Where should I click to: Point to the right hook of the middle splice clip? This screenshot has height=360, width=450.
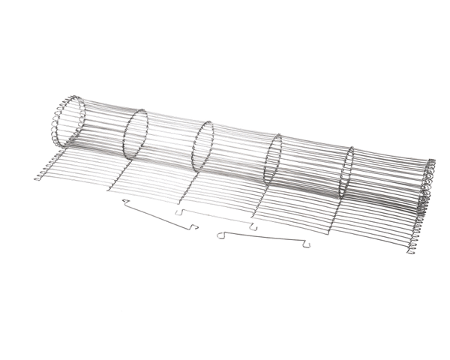click(x=254, y=226)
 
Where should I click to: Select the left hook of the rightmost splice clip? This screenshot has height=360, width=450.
click(x=220, y=235)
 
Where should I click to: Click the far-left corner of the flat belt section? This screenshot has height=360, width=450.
click(x=37, y=178)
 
